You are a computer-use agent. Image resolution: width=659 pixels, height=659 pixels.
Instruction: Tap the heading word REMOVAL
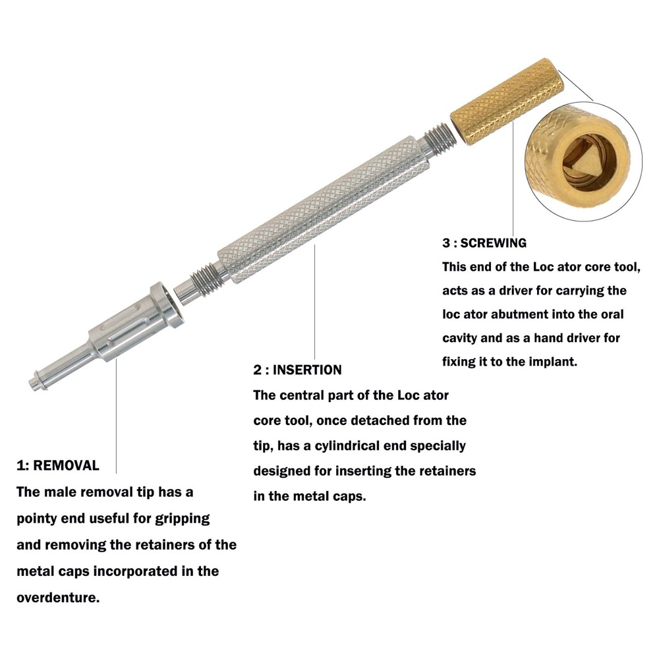(x=66, y=466)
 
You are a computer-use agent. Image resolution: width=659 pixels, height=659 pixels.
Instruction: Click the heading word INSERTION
(x=307, y=370)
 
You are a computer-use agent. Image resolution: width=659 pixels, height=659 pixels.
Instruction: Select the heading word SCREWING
(x=494, y=243)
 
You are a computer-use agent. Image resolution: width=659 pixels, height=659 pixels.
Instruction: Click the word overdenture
(x=57, y=598)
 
